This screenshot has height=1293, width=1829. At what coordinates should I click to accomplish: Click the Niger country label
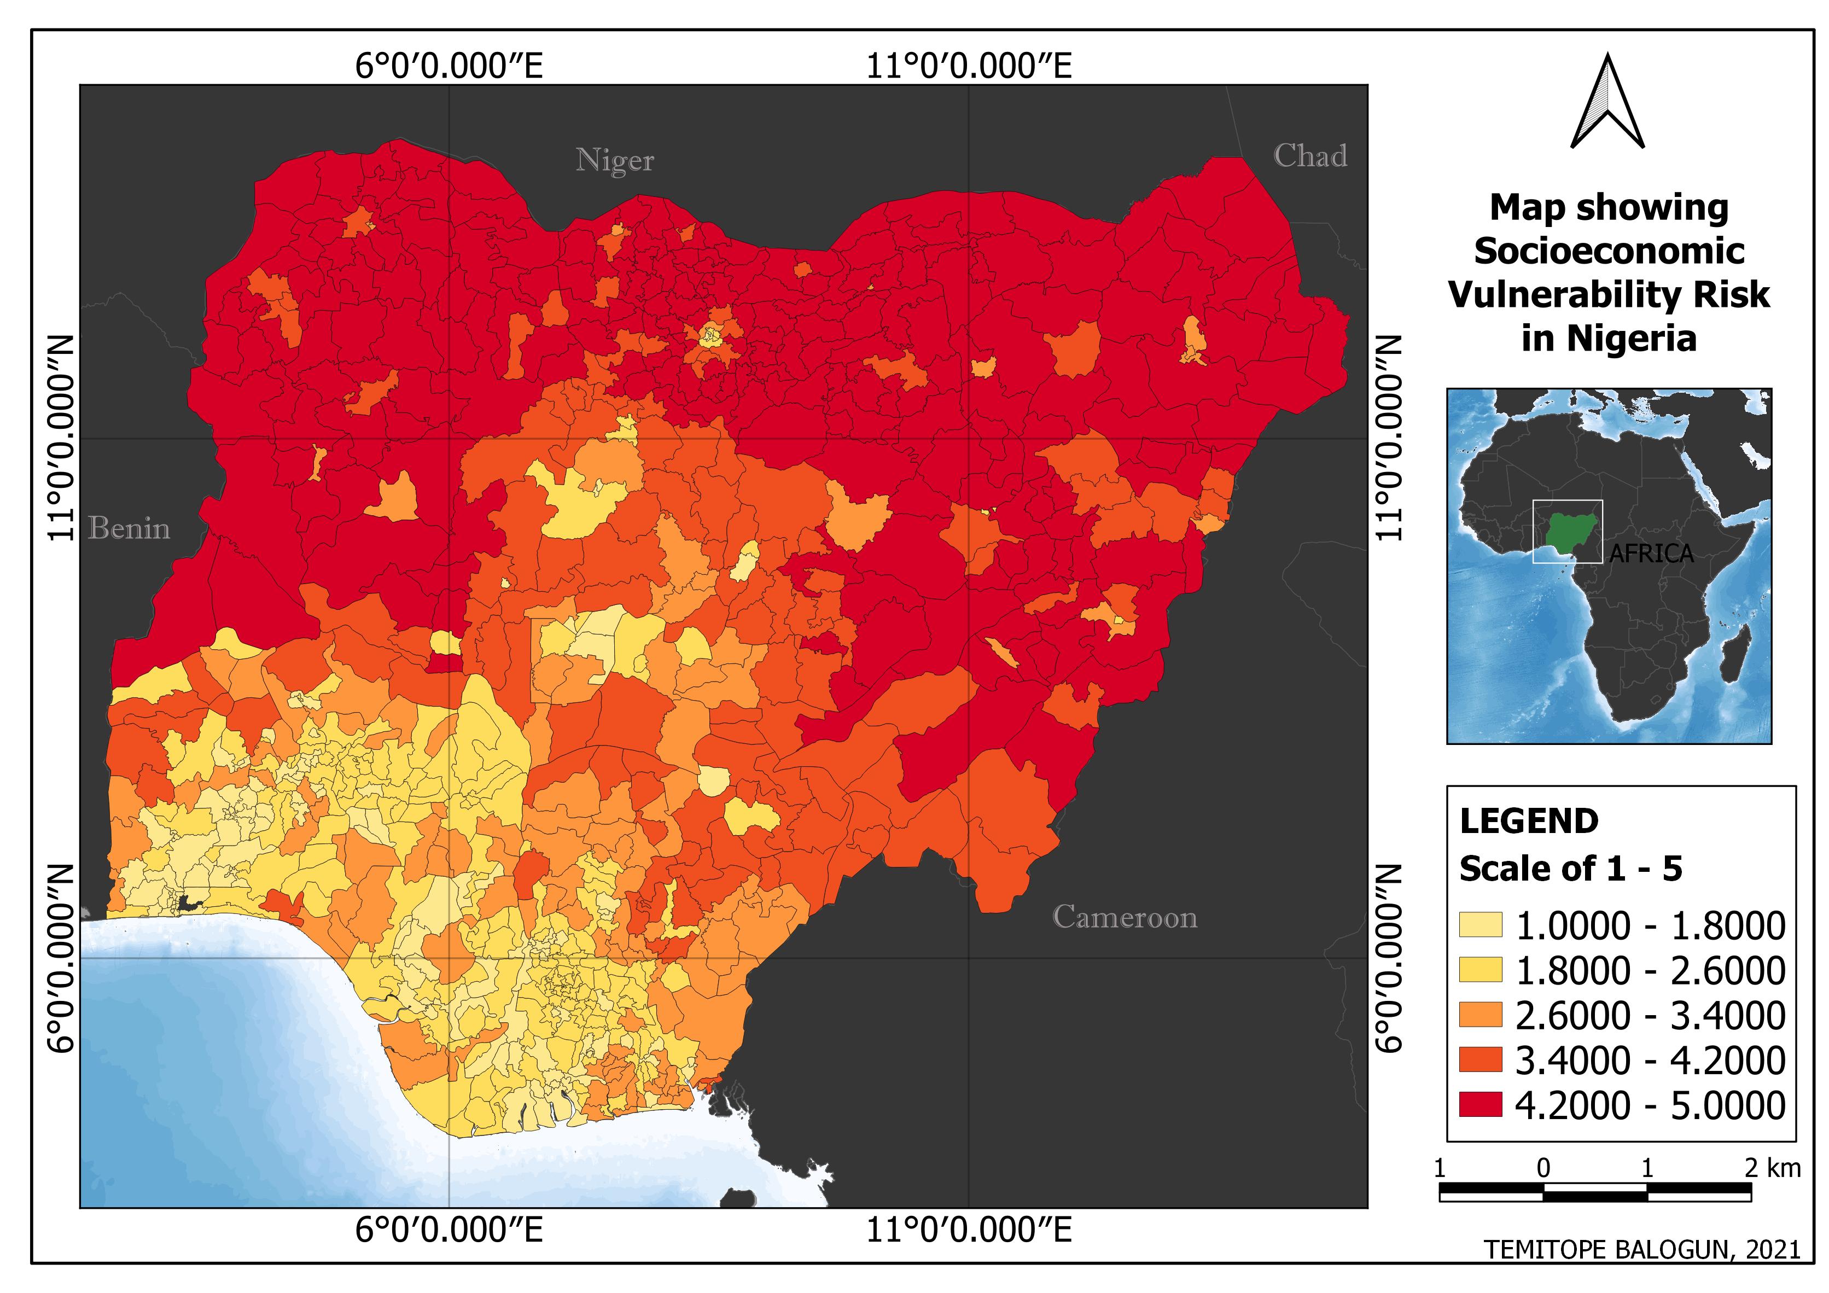614,161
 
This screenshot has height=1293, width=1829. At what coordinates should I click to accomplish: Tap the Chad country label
1309,156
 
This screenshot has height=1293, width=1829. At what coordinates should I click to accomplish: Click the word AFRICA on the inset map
1651,554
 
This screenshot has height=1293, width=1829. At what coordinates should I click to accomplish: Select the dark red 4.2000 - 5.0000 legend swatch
1480,1105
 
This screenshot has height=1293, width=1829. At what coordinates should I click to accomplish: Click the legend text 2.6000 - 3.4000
1650,1016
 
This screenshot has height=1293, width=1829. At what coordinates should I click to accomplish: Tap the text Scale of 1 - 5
1570,869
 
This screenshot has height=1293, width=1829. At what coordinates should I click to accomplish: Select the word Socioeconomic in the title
1609,252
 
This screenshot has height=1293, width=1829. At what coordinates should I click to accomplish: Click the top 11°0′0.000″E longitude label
969,66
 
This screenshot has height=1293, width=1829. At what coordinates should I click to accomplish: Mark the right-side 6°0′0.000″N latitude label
1389,958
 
